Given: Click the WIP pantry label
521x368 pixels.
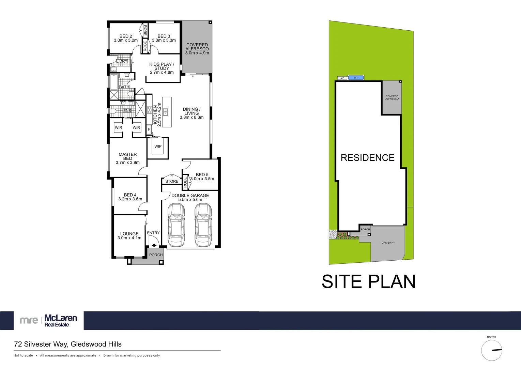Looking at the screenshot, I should [x=158, y=147].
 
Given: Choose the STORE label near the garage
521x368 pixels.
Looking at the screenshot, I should [x=172, y=182].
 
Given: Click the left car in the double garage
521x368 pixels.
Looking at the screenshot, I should [x=176, y=225].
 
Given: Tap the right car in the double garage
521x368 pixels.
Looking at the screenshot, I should [x=203, y=225].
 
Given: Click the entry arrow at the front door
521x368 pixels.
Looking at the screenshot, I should [x=154, y=245].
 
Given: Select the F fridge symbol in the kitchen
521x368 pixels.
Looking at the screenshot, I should [x=149, y=129].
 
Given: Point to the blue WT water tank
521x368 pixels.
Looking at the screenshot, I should [x=356, y=78].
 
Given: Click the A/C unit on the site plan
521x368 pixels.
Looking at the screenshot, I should [x=342, y=78].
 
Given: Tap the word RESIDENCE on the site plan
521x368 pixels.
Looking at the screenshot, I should [x=367, y=158].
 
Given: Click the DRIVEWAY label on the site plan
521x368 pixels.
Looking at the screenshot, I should [x=388, y=243].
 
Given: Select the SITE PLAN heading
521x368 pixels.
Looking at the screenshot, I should [x=368, y=282].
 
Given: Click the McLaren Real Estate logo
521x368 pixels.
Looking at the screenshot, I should [x=49, y=320].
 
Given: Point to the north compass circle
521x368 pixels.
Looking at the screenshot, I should [x=491, y=350].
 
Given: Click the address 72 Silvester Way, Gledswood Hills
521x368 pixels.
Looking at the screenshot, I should [x=68, y=344].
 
